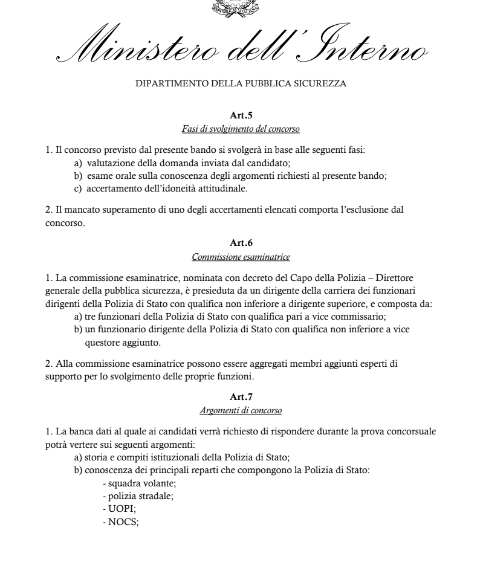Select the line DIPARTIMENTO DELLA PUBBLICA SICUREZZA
[x=241, y=84]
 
